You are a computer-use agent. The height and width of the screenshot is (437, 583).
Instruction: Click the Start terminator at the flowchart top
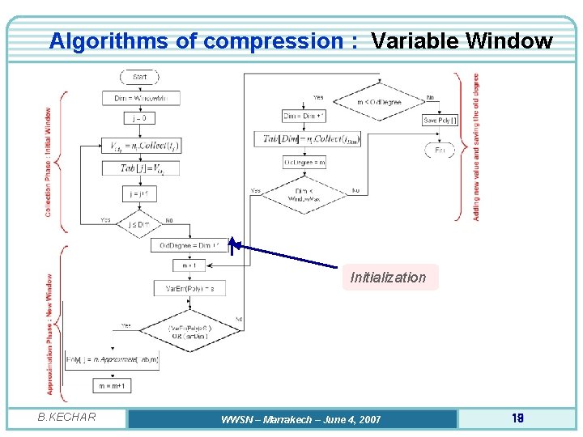point(141,77)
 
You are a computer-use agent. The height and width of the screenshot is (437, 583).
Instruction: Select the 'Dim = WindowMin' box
point(141,98)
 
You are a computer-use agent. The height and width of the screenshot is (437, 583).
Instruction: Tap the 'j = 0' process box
point(141,118)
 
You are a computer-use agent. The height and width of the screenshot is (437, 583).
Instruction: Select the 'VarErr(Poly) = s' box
point(189,287)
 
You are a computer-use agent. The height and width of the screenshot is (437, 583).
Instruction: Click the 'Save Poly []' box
point(440,120)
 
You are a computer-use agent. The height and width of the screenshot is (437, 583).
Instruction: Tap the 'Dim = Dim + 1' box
point(304,116)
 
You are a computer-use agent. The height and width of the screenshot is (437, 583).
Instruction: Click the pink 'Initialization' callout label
point(389,278)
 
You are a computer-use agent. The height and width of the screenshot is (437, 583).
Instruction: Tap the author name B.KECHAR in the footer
point(66,418)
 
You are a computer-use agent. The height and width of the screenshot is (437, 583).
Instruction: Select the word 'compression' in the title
point(274,40)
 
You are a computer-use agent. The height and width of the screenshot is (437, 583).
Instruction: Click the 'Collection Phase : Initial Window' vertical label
point(49,162)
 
